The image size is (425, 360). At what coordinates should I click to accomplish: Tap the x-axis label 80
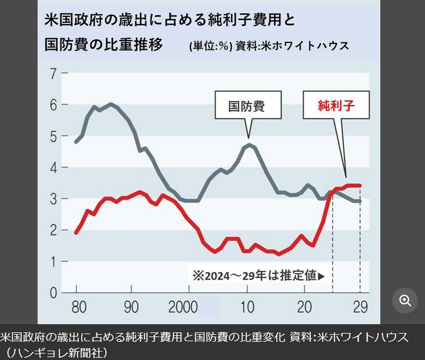click(x=76, y=307)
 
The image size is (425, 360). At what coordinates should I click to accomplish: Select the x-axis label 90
click(x=132, y=307)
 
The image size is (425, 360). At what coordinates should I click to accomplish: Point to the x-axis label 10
click(x=247, y=307)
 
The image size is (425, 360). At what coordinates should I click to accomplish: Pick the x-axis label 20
click(x=303, y=307)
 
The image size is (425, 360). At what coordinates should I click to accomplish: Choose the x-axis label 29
click(x=359, y=307)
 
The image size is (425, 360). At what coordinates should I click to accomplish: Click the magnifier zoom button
click(x=405, y=301)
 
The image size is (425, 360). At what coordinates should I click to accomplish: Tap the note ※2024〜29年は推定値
click(x=256, y=275)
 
